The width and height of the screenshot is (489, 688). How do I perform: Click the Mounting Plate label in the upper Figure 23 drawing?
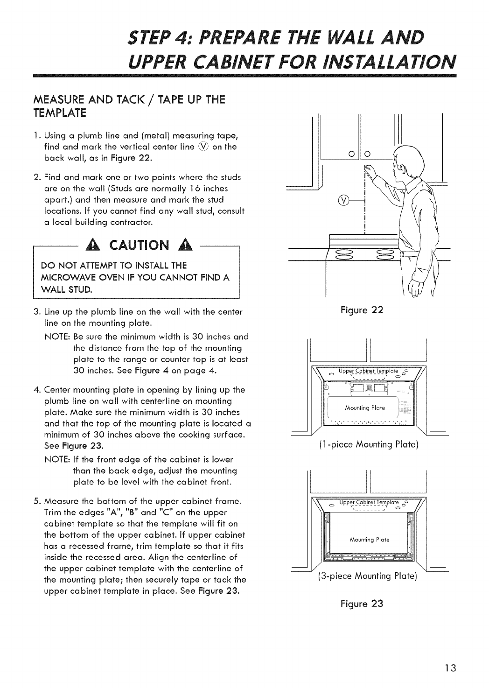pos(364,407)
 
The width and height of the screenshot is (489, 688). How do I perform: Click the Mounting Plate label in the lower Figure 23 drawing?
pos(370,540)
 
